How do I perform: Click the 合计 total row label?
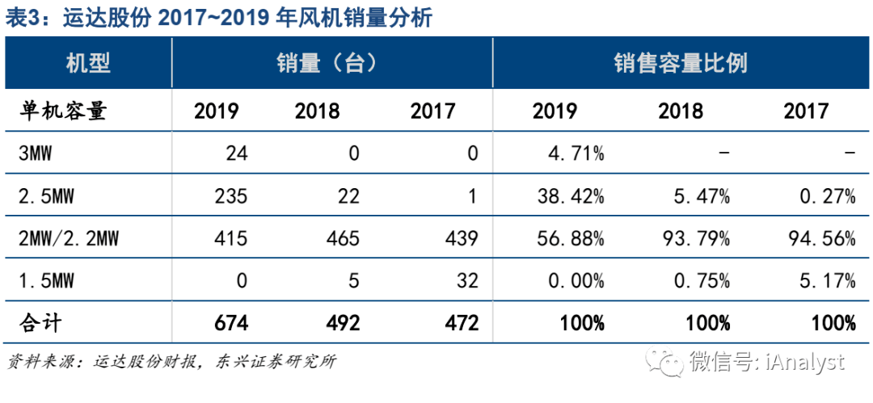[41, 323]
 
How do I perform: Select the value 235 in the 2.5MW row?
[221, 196]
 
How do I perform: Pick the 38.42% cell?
[569, 196]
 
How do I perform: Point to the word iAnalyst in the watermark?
[805, 362]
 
